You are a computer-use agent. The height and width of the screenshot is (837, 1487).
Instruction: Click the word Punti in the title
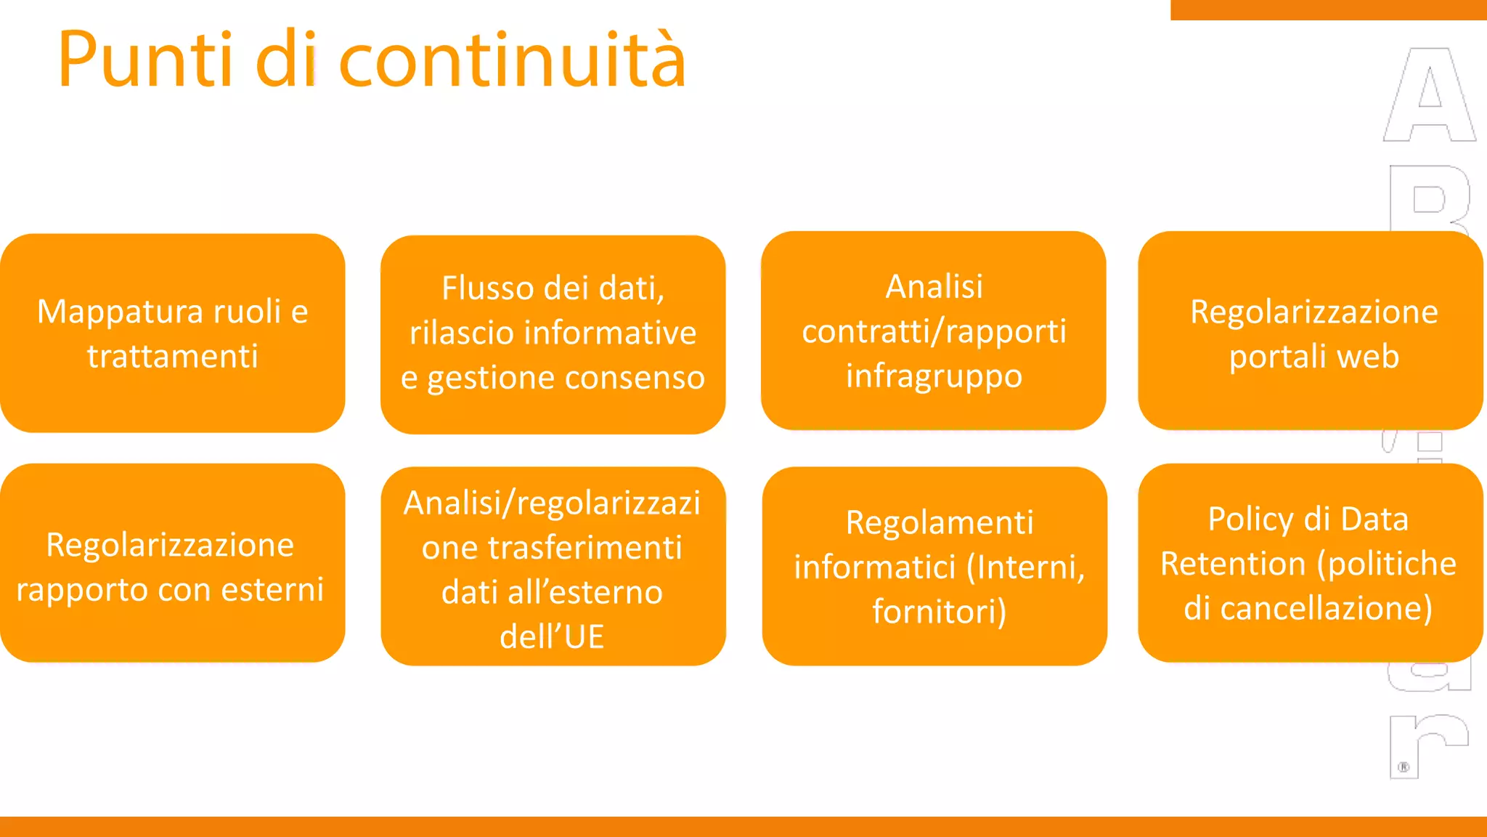pos(145,60)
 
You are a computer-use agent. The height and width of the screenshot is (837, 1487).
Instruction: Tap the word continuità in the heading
pos(513,60)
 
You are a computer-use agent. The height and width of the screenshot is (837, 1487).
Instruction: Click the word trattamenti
pos(173,357)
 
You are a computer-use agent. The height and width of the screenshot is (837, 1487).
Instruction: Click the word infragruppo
pos(934,376)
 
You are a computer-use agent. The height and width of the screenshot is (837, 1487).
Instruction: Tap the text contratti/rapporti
pos(934,332)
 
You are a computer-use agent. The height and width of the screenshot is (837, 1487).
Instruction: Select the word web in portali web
pos(1368,357)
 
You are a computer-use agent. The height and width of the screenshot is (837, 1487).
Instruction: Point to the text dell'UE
pos(552,637)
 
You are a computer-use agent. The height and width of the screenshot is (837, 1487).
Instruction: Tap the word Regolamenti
pos(940,522)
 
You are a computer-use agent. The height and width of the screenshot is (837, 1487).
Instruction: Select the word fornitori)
pos(940,612)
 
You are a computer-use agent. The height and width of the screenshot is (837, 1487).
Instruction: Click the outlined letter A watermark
pos(1429,94)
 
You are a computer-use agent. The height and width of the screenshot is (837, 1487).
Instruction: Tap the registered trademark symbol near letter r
pos(1404,767)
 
